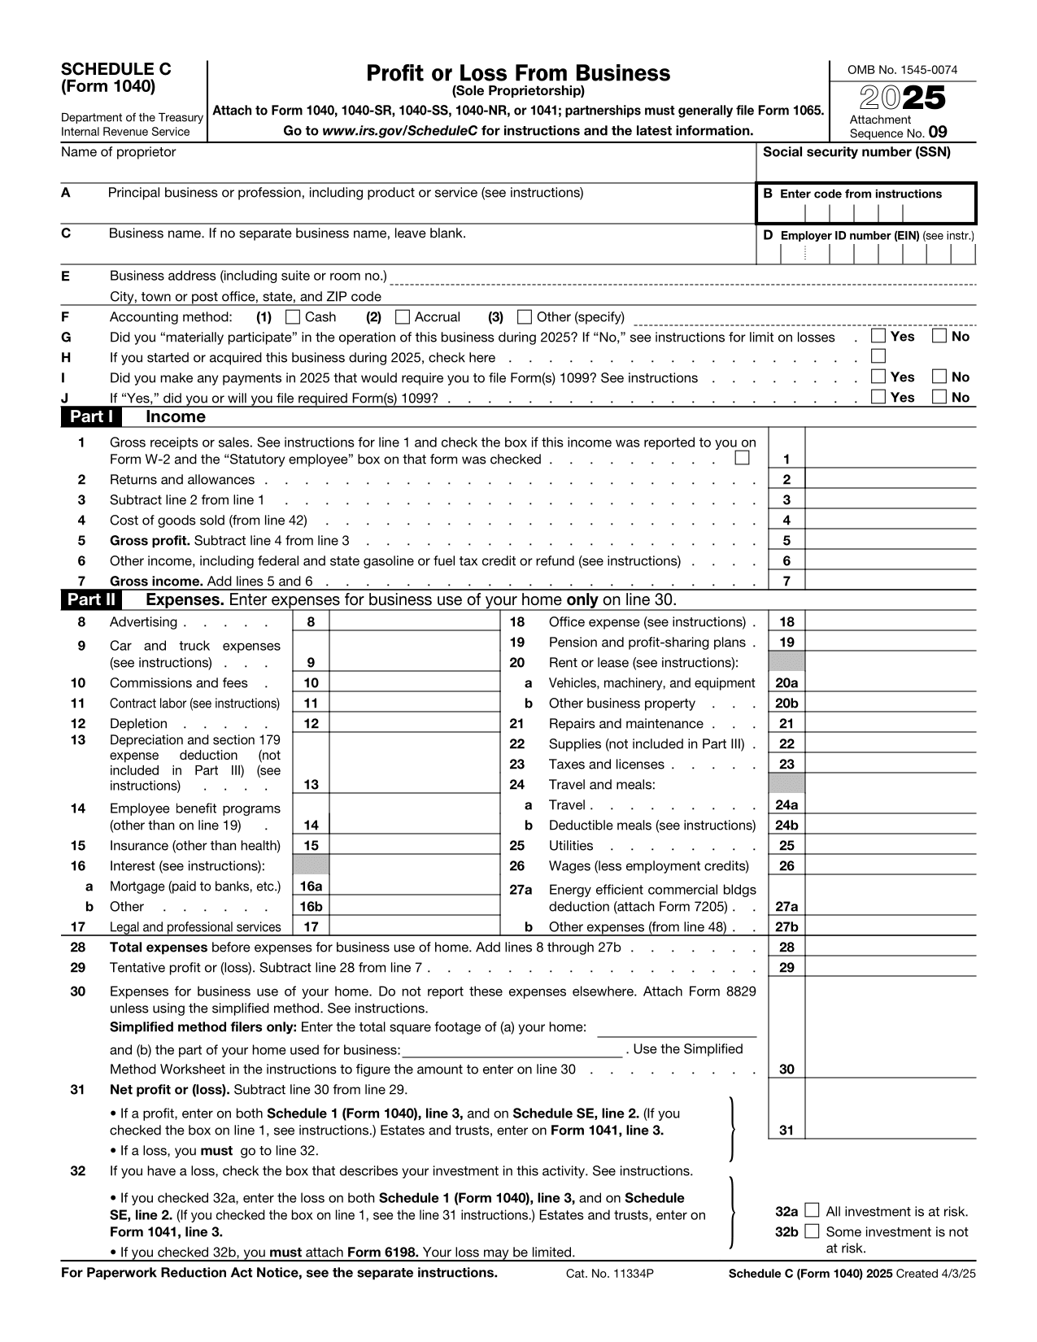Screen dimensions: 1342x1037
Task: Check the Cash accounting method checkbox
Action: pos(294,316)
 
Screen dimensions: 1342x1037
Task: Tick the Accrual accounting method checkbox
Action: pos(403,316)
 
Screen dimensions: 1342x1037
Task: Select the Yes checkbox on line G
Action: pos(878,336)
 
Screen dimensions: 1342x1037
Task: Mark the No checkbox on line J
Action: pos(939,397)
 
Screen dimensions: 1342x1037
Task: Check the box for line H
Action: pos(878,356)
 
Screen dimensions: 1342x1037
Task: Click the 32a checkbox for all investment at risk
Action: pos(812,1211)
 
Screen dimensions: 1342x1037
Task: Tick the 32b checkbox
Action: pos(812,1231)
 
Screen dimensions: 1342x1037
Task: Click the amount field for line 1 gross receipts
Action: pos(890,459)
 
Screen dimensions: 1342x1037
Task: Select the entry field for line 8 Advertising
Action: pos(414,622)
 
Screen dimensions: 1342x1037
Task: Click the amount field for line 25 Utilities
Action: pos(890,846)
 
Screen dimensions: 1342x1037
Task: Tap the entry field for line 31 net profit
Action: pos(890,1130)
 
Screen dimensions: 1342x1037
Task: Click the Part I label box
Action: pos(91,417)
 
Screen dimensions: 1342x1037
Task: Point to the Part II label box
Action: pos(91,600)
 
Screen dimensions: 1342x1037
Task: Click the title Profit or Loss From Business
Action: pos(518,73)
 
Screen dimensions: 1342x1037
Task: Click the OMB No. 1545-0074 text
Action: pos(902,70)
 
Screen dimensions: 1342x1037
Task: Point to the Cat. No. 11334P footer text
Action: pos(610,1274)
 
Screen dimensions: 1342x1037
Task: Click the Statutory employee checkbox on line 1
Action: pos(742,458)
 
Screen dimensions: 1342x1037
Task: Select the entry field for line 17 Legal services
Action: pos(414,926)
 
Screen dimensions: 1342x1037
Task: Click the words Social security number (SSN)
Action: pos(856,152)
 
